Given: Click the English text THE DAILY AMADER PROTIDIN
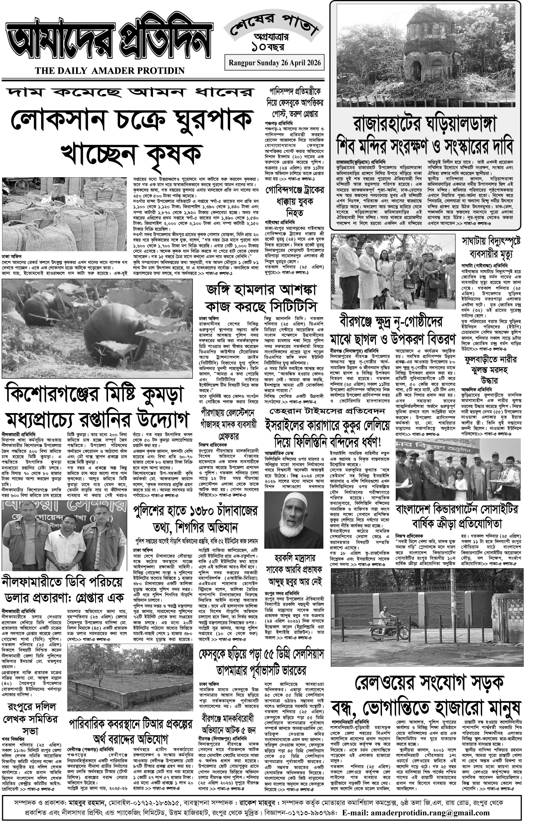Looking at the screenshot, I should point(110,71).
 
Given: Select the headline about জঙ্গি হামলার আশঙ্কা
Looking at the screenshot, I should point(261,290).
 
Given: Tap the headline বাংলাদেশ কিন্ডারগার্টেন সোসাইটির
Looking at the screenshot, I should point(457,509).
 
